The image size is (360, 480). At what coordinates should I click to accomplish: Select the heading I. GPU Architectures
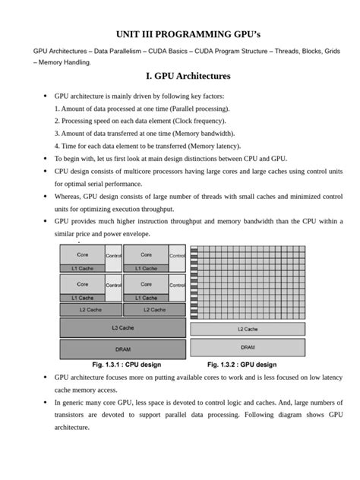pyautogui.click(x=182, y=77)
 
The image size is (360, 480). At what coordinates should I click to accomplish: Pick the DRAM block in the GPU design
pyautogui.click(x=248, y=347)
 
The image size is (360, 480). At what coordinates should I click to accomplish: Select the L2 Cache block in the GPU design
pyautogui.click(x=248, y=329)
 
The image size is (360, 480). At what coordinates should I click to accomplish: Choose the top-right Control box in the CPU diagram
pyautogui.click(x=177, y=257)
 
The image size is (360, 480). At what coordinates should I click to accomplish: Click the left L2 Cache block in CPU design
pyautogui.click(x=90, y=309)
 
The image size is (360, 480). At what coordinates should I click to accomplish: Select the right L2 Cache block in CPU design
pyautogui.click(x=153, y=309)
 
